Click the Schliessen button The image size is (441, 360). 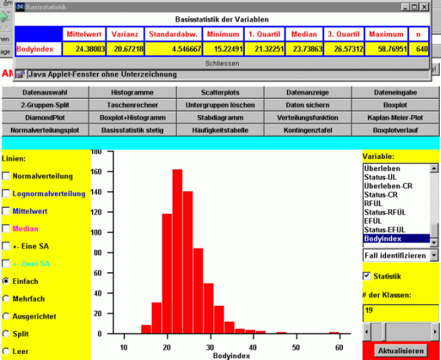(222, 62)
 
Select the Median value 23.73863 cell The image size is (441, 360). (304, 49)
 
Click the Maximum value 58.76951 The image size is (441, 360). (387, 49)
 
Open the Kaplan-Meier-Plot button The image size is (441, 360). (397, 117)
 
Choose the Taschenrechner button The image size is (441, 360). (133, 105)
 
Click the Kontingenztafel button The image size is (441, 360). (308, 129)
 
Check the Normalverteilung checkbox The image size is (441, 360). (7, 177)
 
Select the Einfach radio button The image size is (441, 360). (7, 281)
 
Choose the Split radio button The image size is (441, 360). (7, 334)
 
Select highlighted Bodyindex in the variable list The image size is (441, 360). (396, 238)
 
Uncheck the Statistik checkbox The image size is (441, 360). (367, 276)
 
